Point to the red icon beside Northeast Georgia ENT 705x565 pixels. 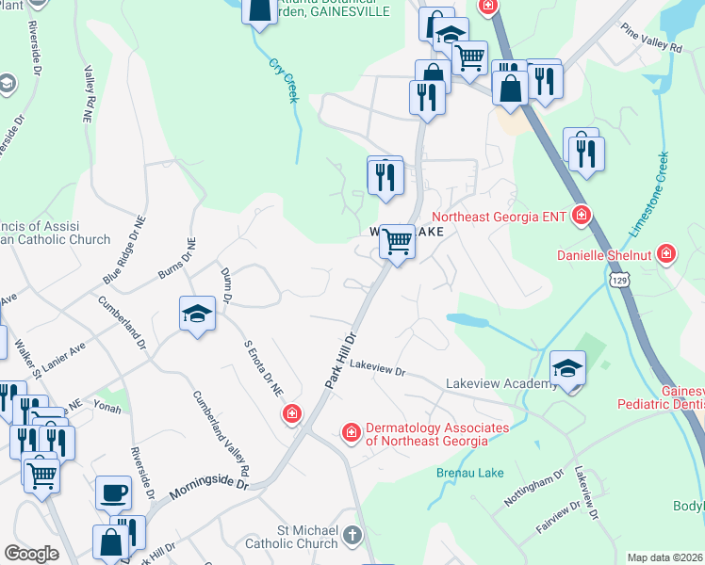[x=582, y=217]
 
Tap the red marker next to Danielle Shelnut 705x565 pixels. [x=666, y=253]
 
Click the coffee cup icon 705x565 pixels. [x=113, y=492]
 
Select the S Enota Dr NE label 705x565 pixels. [x=264, y=368]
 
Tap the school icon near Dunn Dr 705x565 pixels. [x=197, y=315]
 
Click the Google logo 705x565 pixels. [x=31, y=554]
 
